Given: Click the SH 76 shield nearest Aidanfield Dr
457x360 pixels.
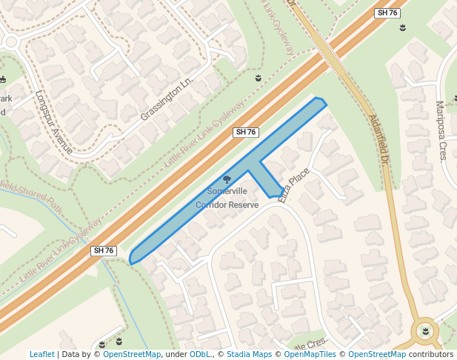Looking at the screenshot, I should pos(388,13).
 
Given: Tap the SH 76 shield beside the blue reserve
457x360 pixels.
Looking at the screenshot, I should pos(245,132).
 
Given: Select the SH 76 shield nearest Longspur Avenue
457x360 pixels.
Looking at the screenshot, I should pos(104,251).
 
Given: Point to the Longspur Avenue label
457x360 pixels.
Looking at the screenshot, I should pos(53,122).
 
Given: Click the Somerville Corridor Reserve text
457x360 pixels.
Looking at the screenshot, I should pos(227,198).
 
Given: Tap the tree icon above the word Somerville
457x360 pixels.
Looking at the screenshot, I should pos(227,179).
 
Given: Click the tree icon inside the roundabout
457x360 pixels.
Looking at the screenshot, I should pos(425,330).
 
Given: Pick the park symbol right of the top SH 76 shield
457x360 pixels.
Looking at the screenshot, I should pos(402,28).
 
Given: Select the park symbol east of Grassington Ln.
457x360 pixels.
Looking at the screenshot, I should pos(258,78).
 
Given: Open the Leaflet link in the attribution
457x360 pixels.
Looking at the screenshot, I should pos(42,354).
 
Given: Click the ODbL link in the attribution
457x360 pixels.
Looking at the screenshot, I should pos(200,354).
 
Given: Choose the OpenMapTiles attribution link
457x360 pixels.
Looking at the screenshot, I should pos(311,354).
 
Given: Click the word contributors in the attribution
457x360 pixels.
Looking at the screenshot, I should pos(431,354).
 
